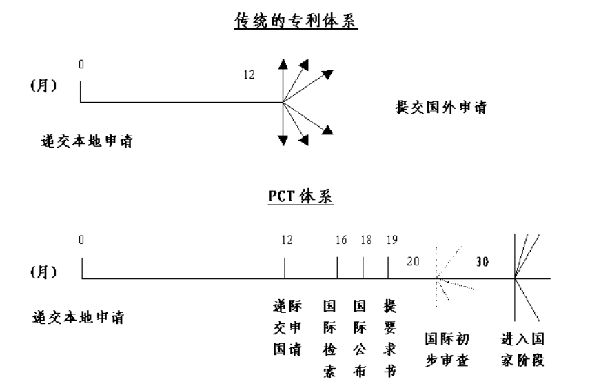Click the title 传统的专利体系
[x=296, y=21]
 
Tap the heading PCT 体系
[x=300, y=196]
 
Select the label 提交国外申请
[x=441, y=108]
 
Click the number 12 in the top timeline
[x=249, y=74]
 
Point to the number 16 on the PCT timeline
[x=341, y=241]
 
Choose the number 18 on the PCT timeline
[x=366, y=241]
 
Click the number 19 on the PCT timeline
[x=391, y=241]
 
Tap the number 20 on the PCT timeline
[x=413, y=262]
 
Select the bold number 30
[x=482, y=262]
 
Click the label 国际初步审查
[x=447, y=349]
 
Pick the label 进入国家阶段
[x=522, y=349]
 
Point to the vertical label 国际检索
[x=329, y=338]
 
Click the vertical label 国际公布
[x=360, y=338]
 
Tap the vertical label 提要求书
[x=390, y=338]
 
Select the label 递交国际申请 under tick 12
[x=287, y=327]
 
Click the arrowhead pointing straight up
[x=283, y=63]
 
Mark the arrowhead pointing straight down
[x=283, y=141]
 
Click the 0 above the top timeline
[x=81, y=64]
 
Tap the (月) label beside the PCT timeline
[x=43, y=272]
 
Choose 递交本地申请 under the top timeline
[x=87, y=141]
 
